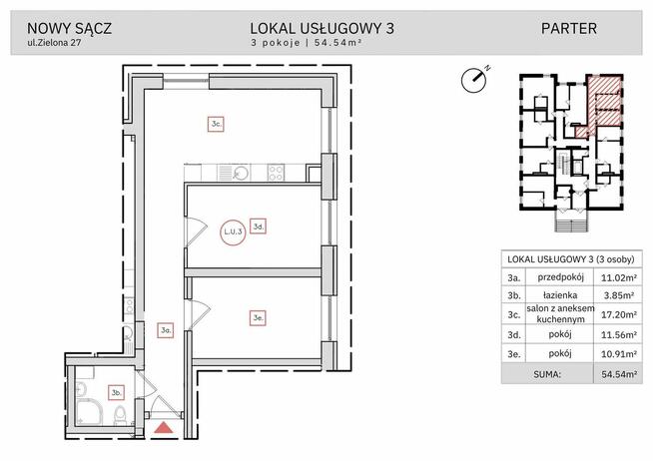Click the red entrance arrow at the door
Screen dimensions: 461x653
[x=164, y=429]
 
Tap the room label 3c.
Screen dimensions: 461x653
[x=216, y=125]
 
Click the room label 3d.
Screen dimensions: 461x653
[x=258, y=228]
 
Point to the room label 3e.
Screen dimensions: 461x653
[x=258, y=318]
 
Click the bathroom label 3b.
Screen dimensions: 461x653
[x=116, y=392]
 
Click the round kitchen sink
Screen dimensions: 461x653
[x=240, y=172]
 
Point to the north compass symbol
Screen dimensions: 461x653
[x=473, y=77]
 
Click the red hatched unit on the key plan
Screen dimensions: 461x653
[x=604, y=103]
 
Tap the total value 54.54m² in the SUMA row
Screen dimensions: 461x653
[x=617, y=375]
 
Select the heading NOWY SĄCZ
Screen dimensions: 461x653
[x=69, y=28]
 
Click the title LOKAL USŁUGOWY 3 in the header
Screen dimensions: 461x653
[x=323, y=28]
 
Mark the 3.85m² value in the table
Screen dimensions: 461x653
[x=617, y=295]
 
